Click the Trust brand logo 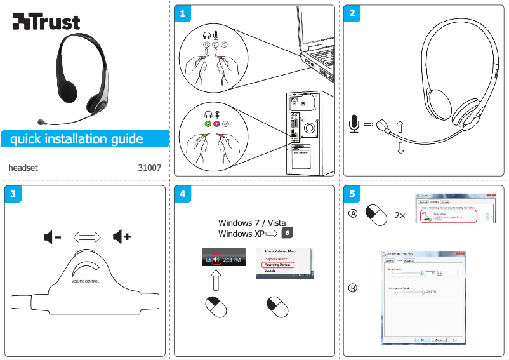click(x=46, y=22)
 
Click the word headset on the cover click(x=23, y=168)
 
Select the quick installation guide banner click(x=77, y=139)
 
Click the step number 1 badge click(x=182, y=13)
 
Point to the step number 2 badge click(x=351, y=13)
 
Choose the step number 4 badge click(x=182, y=193)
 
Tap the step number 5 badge click(x=351, y=193)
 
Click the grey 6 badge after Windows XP click(x=287, y=233)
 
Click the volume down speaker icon click(x=52, y=237)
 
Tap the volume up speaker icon click(x=121, y=237)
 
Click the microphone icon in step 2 click(x=354, y=123)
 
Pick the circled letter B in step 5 click(x=353, y=289)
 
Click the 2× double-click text click(x=400, y=215)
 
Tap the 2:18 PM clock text click(x=232, y=260)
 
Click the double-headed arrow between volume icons click(x=87, y=237)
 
